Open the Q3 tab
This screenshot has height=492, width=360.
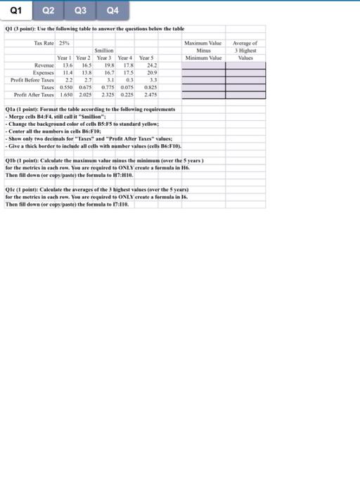click(x=79, y=11)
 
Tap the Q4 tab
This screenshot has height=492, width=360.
click(x=112, y=11)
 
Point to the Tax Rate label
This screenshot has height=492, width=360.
click(x=44, y=44)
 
